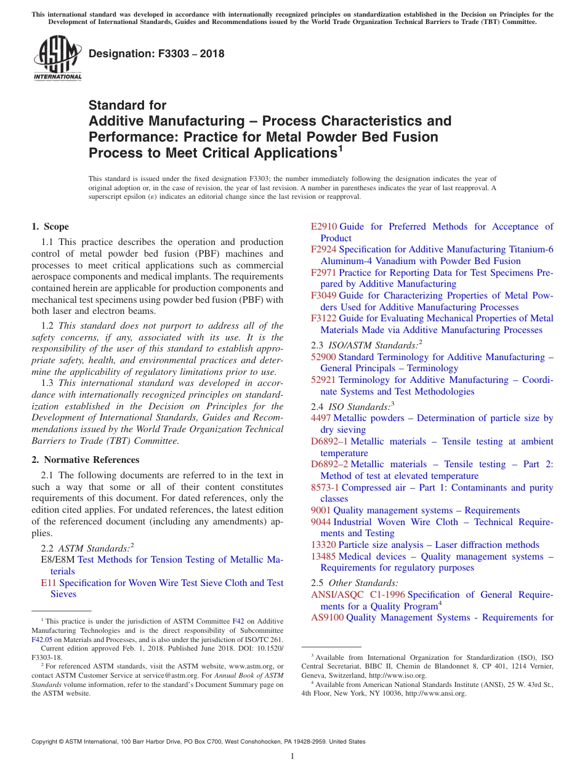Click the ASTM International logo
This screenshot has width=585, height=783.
[x=57, y=58]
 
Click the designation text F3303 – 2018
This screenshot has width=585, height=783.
[x=156, y=54]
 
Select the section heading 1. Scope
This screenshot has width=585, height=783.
[x=50, y=227]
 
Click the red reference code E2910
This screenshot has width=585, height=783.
[x=324, y=227]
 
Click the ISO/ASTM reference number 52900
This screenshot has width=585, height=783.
[x=324, y=357]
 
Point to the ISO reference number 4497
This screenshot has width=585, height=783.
[x=321, y=418]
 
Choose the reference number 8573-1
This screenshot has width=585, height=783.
[x=325, y=488]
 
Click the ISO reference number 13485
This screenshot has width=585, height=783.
[x=324, y=556]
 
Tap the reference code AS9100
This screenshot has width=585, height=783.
[x=327, y=617]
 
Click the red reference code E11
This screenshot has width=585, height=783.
[x=48, y=583]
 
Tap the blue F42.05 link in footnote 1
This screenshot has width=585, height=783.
[x=42, y=640]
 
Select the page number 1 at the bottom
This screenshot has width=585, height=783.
[x=292, y=757]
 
